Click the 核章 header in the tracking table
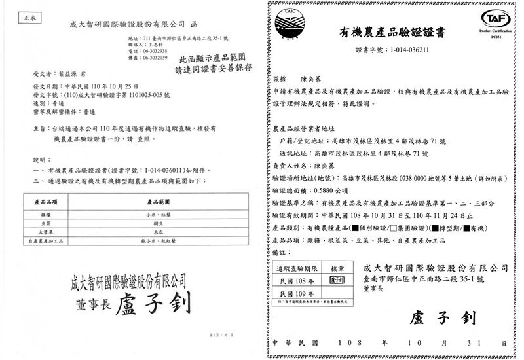[x=337, y=268]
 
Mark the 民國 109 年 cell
[x=298, y=294]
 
